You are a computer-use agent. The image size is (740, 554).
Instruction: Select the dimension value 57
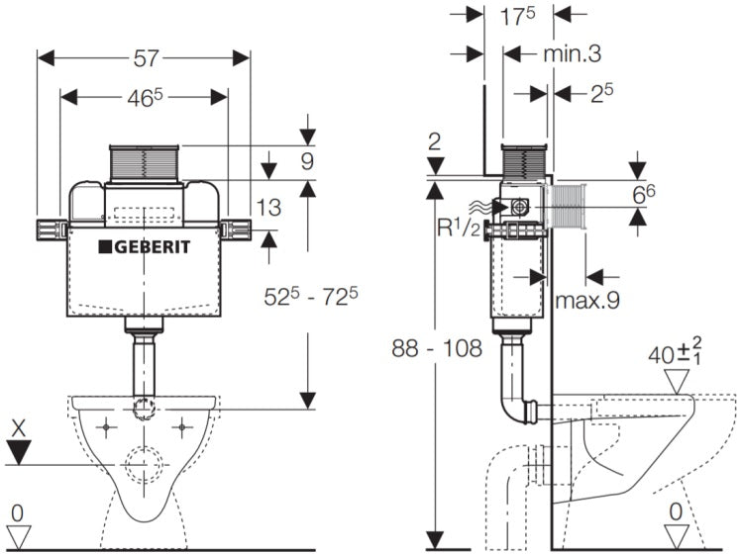point(146,58)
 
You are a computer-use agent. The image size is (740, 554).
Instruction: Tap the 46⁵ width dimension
point(146,97)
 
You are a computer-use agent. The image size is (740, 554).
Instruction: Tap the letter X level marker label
point(17,429)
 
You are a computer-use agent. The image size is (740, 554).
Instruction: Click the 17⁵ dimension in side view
point(518,17)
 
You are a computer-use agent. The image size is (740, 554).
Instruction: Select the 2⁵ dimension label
point(602,93)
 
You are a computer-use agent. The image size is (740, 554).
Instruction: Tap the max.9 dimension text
point(586,300)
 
